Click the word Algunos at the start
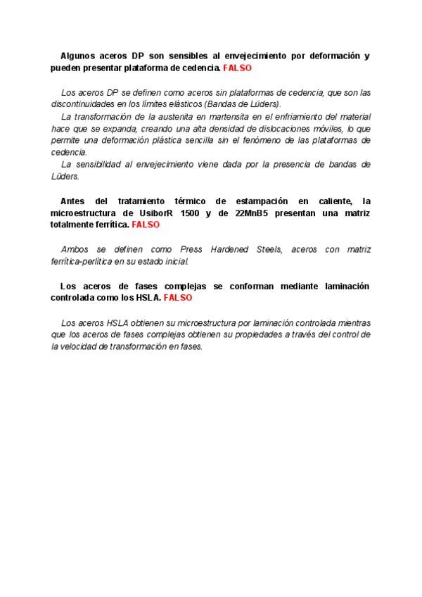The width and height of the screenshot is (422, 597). tap(78, 55)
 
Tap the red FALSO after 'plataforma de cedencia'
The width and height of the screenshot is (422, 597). tap(237, 68)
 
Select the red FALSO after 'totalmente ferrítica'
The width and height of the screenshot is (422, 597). tap(146, 225)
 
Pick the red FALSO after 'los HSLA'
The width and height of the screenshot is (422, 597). tap(178, 298)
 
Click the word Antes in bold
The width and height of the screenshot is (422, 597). tap(73, 201)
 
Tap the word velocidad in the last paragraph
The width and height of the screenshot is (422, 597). tap(81, 347)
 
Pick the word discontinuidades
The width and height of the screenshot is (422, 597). tap(84, 104)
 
